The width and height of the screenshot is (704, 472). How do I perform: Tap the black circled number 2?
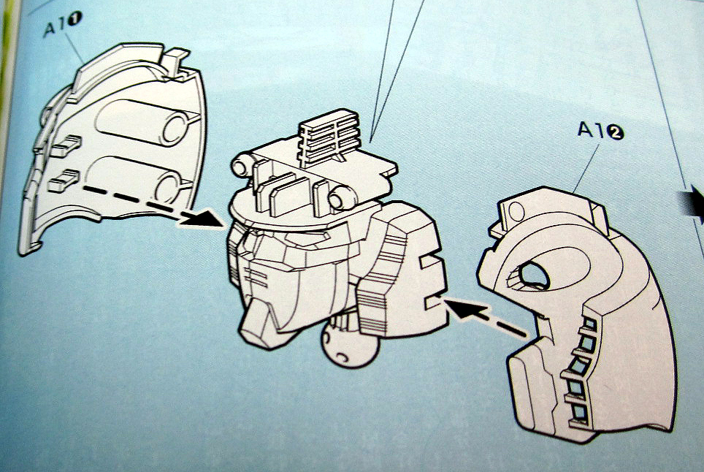pos(616,132)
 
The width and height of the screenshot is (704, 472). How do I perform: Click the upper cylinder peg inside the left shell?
pos(145,122)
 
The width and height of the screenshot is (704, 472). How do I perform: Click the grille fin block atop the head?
pos(330,134)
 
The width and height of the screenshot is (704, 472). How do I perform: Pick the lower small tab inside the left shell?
pos(64,180)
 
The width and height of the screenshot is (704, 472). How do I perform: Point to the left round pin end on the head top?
pos(242,165)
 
